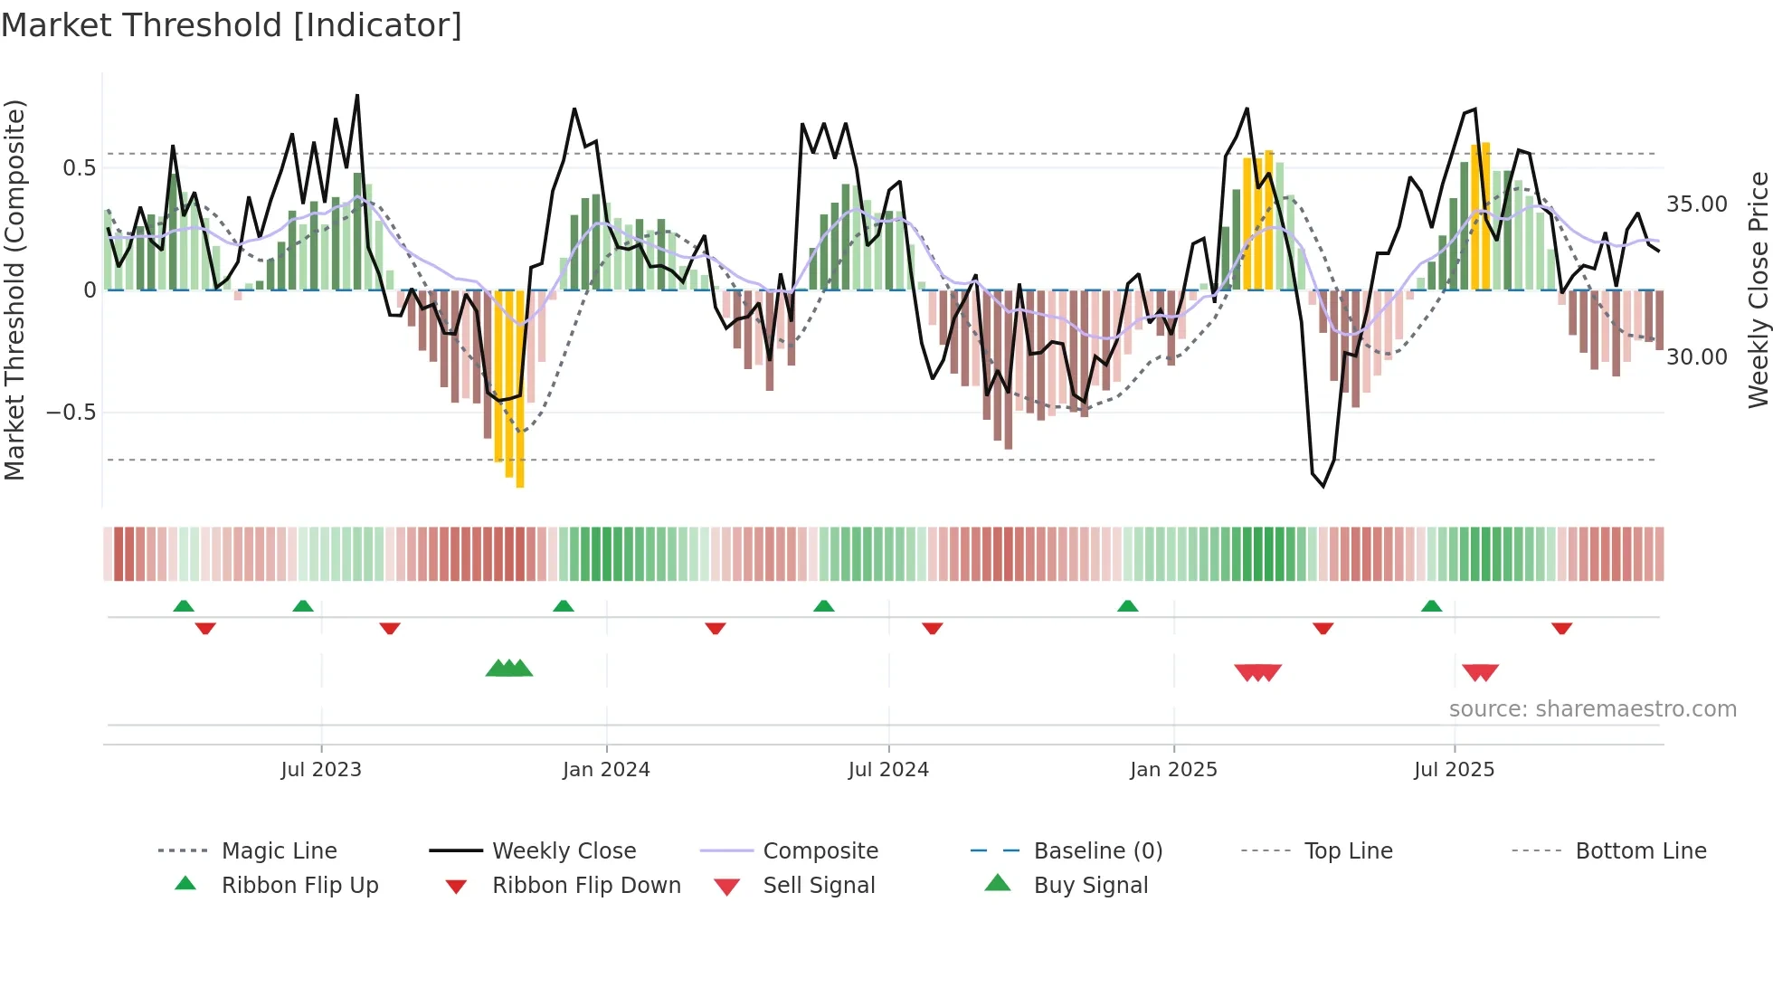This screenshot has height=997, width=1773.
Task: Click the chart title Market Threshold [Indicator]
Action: [232, 25]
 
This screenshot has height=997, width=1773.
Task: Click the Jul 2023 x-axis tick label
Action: [321, 770]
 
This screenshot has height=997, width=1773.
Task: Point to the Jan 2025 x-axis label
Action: [1173, 770]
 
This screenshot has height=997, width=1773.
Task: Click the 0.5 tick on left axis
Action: [80, 168]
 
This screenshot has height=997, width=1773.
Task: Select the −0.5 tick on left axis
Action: [72, 413]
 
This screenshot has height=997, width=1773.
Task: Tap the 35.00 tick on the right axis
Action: [1697, 204]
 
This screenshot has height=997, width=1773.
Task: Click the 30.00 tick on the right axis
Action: [1697, 357]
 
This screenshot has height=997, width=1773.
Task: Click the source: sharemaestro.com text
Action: [1592, 709]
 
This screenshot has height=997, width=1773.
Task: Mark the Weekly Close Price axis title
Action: [1758, 290]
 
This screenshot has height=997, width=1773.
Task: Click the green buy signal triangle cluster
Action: [509, 669]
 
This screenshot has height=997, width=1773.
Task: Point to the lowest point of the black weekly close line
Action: [1323, 487]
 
